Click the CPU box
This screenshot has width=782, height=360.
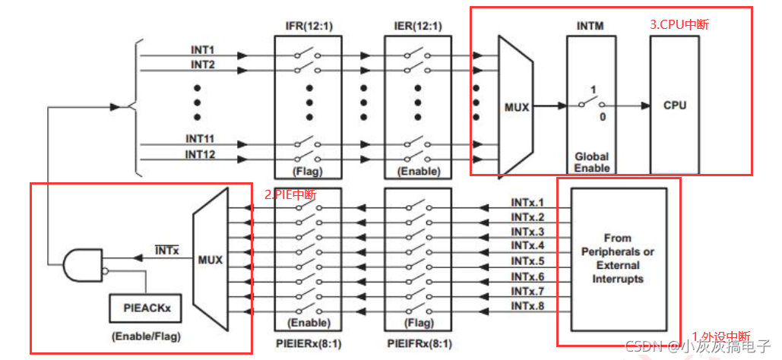(x=674, y=105)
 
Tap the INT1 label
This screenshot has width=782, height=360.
(x=203, y=49)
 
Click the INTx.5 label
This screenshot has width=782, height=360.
(x=527, y=261)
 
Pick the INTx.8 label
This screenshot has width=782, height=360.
(x=527, y=305)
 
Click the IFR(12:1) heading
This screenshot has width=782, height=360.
(x=309, y=27)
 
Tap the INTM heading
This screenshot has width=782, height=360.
(x=590, y=27)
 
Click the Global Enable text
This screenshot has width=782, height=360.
(x=591, y=162)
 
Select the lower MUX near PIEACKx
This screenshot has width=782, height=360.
(x=211, y=260)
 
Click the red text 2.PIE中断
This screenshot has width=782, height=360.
(x=290, y=194)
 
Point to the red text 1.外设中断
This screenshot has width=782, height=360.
(x=720, y=336)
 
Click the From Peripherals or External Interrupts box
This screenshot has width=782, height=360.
(x=619, y=258)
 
